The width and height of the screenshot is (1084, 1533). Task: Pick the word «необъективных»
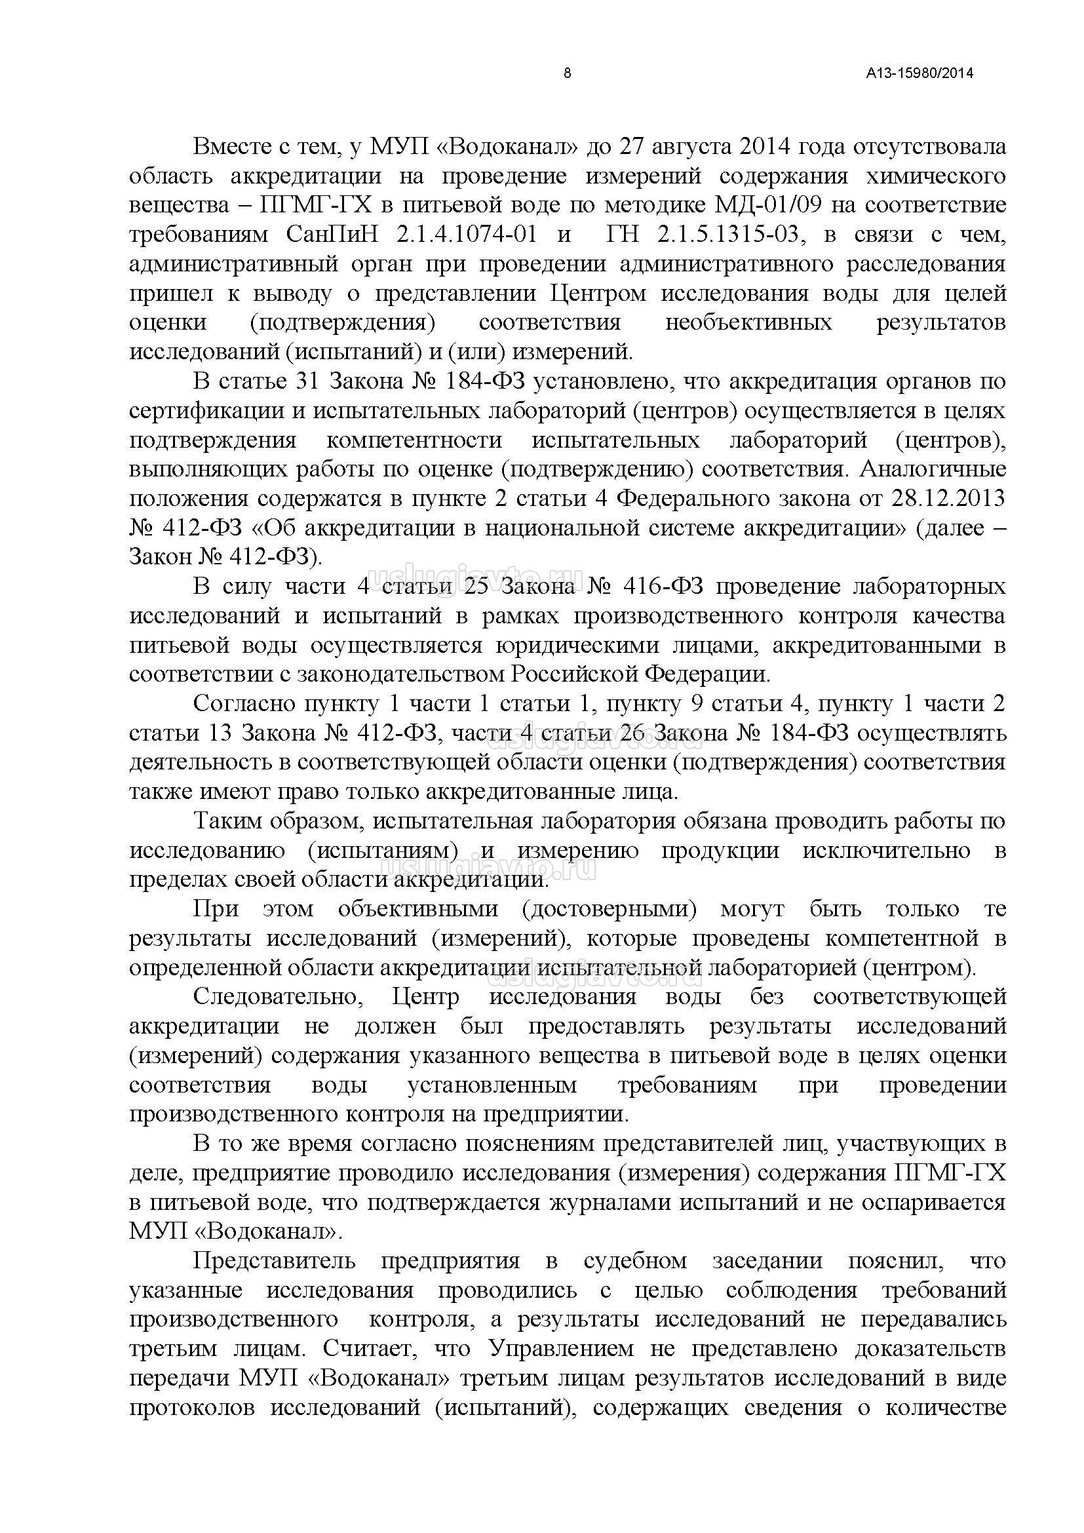coord(748,322)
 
